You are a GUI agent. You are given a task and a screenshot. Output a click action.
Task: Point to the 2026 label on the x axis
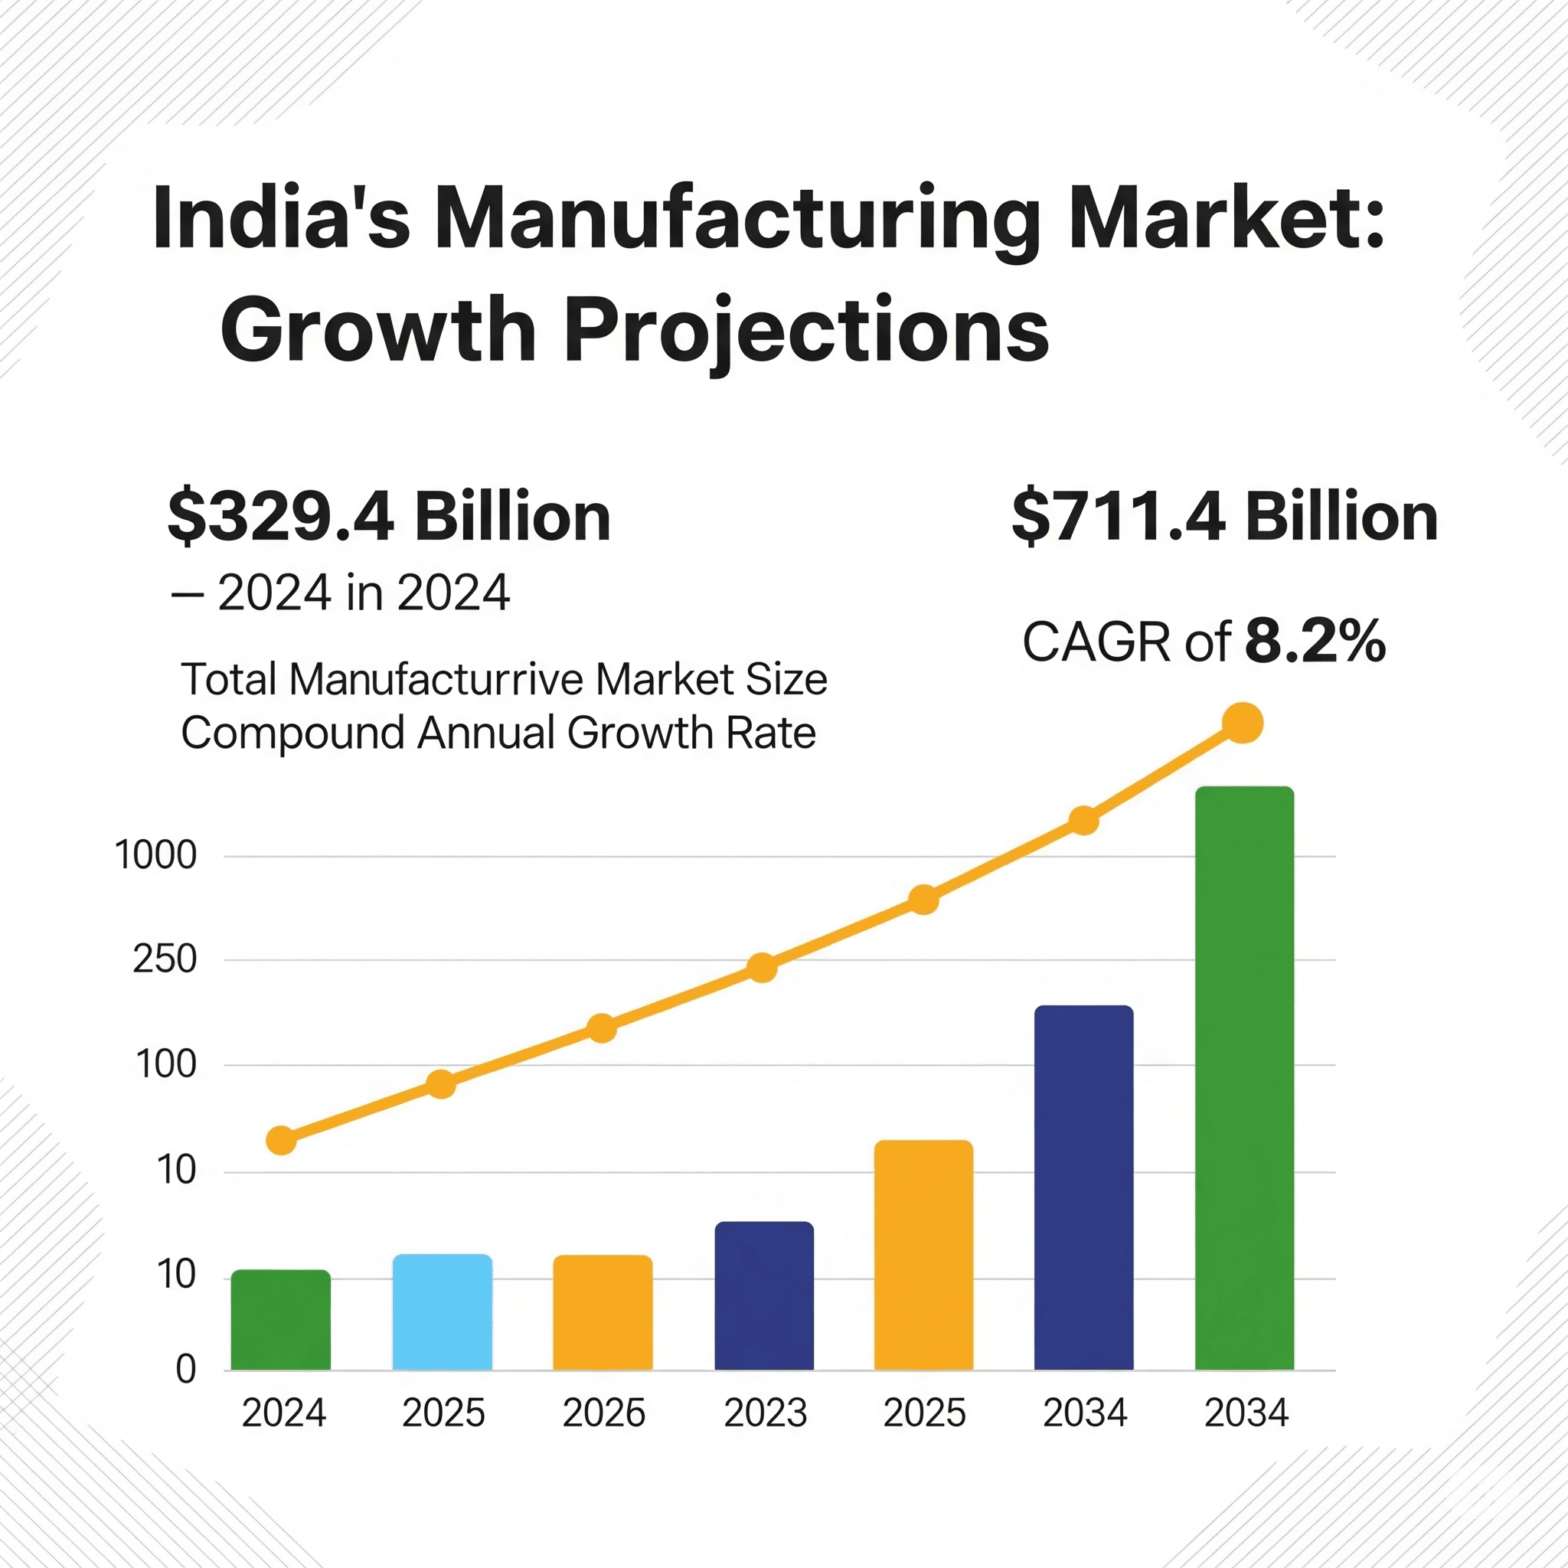(603, 1413)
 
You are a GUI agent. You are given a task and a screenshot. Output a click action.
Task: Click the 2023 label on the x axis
(765, 1413)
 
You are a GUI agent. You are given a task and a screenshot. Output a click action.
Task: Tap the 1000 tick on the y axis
(156, 855)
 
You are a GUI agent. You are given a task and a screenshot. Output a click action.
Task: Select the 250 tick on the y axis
(165, 959)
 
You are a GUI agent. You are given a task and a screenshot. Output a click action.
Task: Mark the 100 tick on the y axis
(165, 1064)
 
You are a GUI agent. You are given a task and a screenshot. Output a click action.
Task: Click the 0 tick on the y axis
(186, 1369)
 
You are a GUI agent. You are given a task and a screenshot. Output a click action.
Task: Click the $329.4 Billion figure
(389, 517)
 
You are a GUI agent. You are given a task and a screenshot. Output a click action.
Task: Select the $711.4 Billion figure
(1225, 517)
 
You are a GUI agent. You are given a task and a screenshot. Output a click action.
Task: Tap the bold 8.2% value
(1315, 641)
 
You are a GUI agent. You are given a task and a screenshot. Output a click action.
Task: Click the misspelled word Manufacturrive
(436, 678)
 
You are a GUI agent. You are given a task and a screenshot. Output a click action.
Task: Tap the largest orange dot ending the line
(1243, 723)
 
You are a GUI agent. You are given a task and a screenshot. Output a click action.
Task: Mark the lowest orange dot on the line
(281, 1140)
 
